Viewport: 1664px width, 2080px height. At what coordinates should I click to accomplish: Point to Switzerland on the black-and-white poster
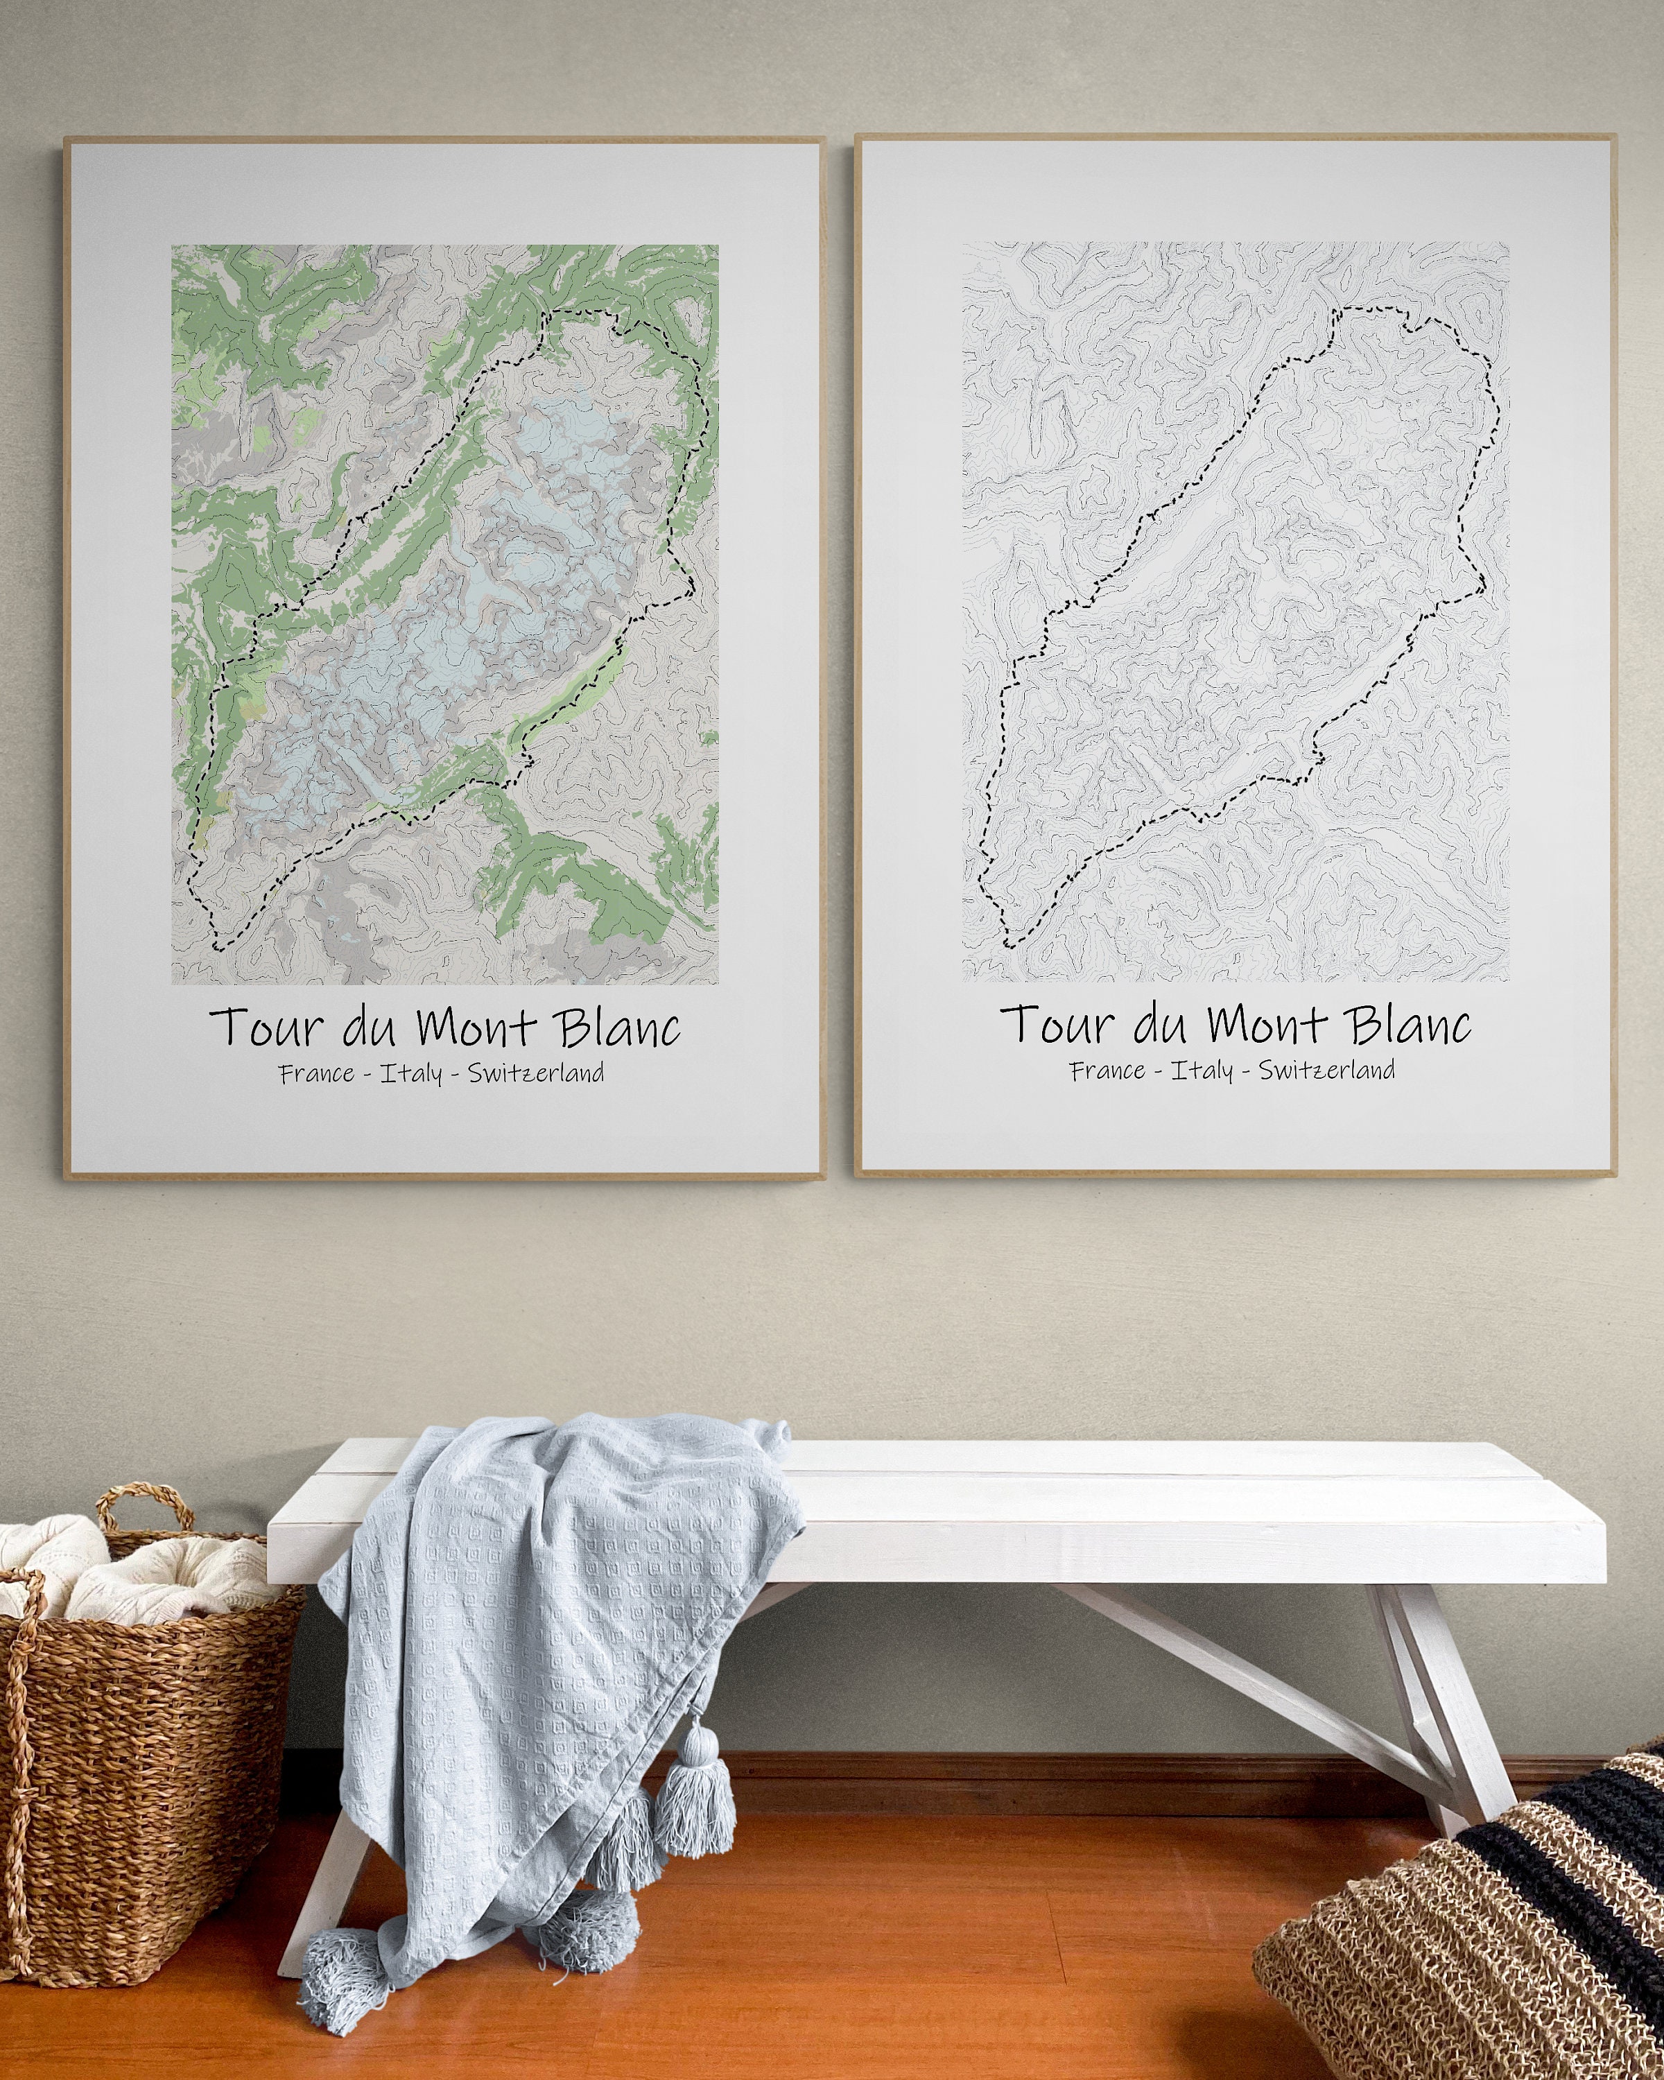[x=1326, y=1069]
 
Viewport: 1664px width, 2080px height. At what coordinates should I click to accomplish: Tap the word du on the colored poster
[x=368, y=1028]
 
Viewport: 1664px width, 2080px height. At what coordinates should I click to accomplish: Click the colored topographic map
[x=444, y=614]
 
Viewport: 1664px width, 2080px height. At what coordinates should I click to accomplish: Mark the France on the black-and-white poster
[x=1107, y=1070]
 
